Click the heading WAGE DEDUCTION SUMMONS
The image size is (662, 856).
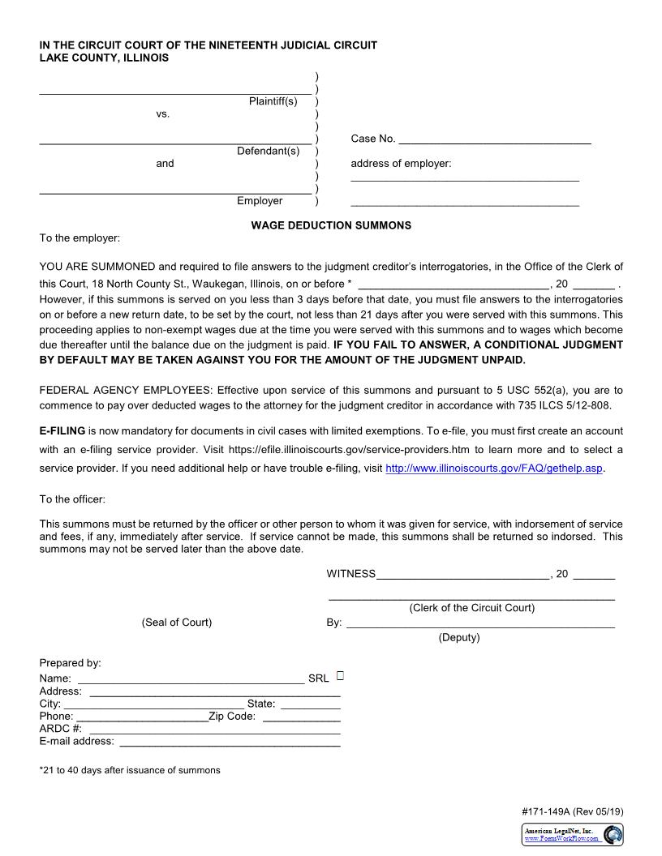(331, 225)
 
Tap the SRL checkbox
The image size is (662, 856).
(340, 675)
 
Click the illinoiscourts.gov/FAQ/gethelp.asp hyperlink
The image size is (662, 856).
(494, 469)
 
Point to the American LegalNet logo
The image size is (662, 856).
(573, 834)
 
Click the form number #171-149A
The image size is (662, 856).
(546, 811)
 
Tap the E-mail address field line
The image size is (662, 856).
(230, 743)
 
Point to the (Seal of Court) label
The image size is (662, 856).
(176, 622)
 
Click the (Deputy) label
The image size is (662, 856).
(459, 637)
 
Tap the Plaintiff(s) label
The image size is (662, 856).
(273, 101)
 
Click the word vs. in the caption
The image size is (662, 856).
(163, 114)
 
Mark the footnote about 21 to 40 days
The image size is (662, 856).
(130, 770)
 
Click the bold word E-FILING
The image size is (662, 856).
(62, 430)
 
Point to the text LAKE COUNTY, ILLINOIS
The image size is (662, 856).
(105, 58)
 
